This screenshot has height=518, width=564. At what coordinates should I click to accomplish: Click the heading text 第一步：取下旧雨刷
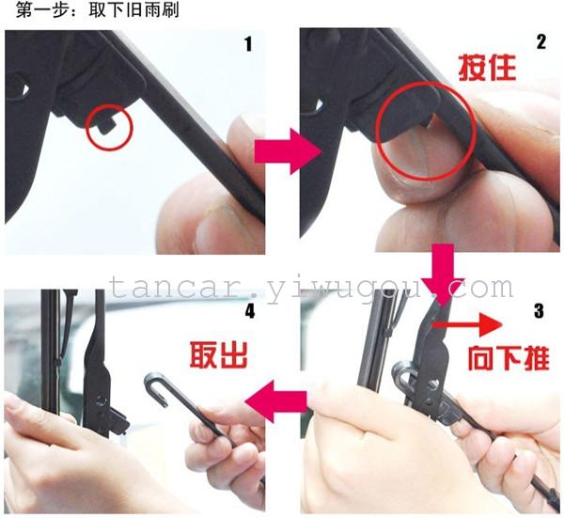point(97,10)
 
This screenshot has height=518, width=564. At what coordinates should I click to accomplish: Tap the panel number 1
point(248,44)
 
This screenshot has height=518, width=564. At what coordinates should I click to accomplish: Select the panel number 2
point(541,42)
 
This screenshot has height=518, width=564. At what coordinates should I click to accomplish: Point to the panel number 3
point(539,311)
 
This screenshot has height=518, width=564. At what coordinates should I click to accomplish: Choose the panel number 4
point(250,311)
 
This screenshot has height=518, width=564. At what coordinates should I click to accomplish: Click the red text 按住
point(487,68)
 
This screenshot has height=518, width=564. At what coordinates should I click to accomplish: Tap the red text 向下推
point(509,358)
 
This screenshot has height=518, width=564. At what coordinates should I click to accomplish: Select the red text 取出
point(219,355)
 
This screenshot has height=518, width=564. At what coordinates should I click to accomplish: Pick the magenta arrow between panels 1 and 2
point(288,151)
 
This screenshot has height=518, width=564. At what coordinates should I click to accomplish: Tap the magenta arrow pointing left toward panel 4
point(275,401)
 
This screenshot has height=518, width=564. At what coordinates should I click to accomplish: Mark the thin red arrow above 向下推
point(467,325)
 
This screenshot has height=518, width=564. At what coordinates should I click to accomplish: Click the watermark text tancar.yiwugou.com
point(311,288)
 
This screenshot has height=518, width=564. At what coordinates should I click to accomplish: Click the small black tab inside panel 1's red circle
point(107,126)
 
